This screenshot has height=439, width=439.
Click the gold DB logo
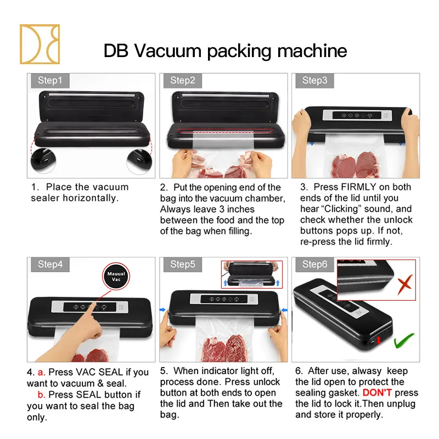40,43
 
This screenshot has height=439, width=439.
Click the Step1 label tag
50,81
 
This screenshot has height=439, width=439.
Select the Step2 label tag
182,81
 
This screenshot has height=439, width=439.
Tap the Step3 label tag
314,81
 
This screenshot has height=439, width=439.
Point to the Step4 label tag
50,264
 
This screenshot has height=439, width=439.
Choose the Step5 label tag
182,264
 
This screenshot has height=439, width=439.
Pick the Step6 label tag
314,264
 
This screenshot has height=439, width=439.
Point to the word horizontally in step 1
90,198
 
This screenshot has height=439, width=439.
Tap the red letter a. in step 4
41,373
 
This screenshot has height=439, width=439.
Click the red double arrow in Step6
378,342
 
